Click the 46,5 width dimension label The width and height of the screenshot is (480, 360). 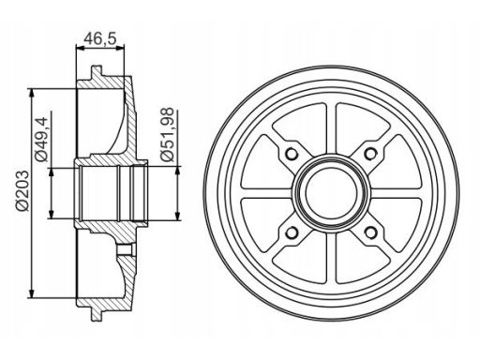[x=100, y=38]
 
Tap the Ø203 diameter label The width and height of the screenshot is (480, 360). [x=23, y=191]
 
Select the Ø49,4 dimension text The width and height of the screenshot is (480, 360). [x=41, y=140]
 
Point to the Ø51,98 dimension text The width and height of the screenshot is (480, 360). [x=167, y=134]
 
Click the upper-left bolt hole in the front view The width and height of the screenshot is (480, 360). [x=292, y=154]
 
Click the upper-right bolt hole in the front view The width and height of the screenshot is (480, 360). [x=371, y=154]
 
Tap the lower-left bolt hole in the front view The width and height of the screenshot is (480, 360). [x=292, y=232]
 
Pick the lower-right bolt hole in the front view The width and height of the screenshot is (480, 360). [x=371, y=232]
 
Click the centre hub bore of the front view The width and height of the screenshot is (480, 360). [x=332, y=193]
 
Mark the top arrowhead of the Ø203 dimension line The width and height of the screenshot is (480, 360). [x=31, y=94]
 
